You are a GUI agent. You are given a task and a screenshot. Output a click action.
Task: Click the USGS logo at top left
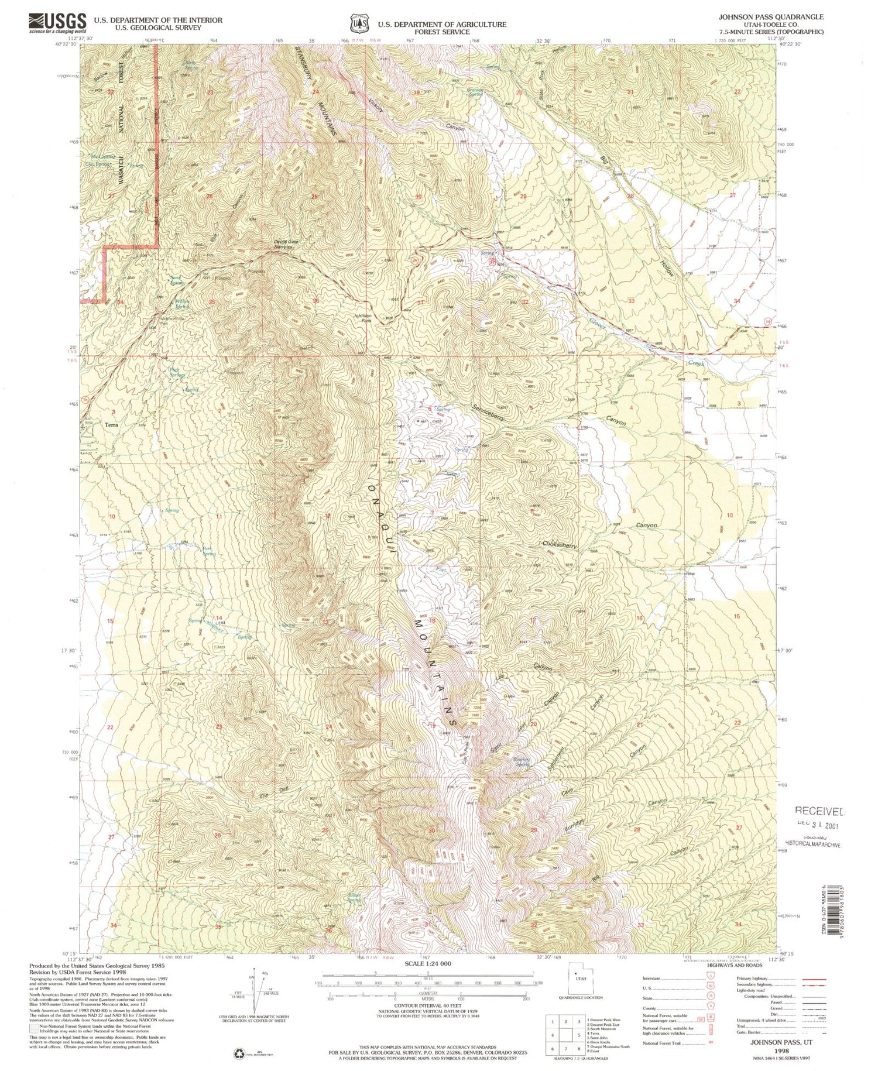tap(57, 23)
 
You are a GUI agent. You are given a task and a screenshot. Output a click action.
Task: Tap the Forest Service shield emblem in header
tap(359, 23)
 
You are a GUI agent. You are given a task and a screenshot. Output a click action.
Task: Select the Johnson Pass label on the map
tap(362, 318)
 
